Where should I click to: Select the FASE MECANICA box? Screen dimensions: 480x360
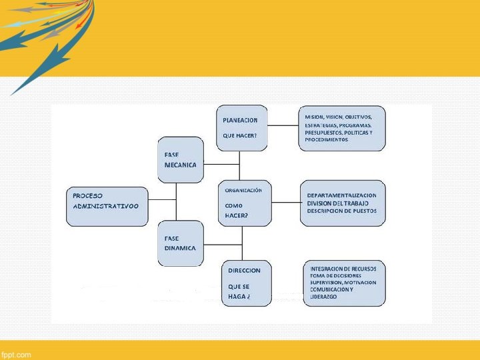180,160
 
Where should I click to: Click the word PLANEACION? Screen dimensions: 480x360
240,121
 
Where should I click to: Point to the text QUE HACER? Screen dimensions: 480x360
240,136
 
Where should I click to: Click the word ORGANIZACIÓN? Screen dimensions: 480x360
243,190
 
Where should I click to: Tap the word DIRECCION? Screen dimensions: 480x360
244,271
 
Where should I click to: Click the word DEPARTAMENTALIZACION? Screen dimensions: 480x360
341,195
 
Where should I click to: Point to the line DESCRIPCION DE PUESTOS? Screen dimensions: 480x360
341,211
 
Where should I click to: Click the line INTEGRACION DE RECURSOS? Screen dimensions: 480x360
343,269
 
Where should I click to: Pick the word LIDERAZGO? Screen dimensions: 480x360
323,296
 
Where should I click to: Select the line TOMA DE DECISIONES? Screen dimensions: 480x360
336,275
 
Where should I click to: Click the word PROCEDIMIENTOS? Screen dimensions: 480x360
327,140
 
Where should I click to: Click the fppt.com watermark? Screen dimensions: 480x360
16,355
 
